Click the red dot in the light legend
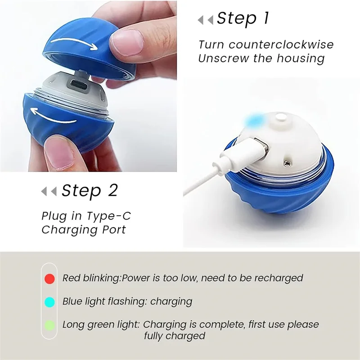pos(50,279)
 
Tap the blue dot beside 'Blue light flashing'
pos(50,301)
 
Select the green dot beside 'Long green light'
pos(50,325)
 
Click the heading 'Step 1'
pos(243,18)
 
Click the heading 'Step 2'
pos(90,191)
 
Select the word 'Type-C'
pos(109,216)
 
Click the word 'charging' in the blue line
pos(171,301)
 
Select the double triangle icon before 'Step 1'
pos(206,20)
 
